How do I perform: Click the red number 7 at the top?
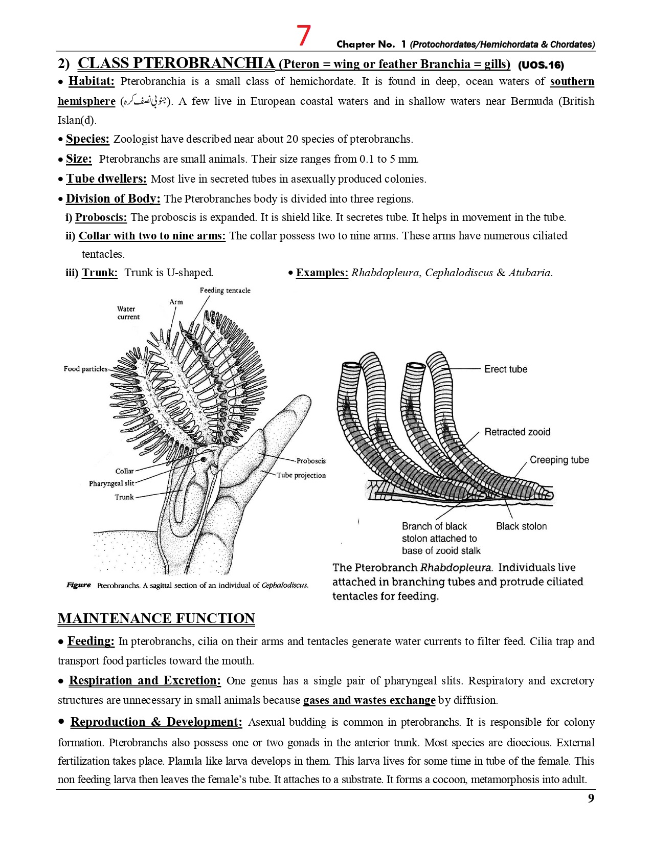coord(303,36)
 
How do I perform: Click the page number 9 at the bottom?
coord(591,798)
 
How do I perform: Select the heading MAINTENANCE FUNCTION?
coord(156,618)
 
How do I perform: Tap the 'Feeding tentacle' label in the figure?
coord(225,291)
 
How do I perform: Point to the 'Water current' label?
coord(127,313)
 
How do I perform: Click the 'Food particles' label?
coord(85,369)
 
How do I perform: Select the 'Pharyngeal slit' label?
coord(111,483)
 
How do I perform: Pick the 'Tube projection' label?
coord(301,475)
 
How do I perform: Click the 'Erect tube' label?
coord(505,369)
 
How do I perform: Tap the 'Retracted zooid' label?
coord(517,432)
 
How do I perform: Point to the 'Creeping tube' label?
coord(559,460)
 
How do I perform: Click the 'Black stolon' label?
coord(521,526)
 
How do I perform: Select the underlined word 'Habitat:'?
coord(92,81)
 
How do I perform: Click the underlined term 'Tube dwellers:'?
coord(106,179)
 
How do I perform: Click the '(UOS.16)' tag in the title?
coord(541,65)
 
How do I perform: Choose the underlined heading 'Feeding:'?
coord(91,641)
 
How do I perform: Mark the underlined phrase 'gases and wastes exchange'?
coord(369,700)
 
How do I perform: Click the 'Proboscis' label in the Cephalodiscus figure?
coord(311,461)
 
